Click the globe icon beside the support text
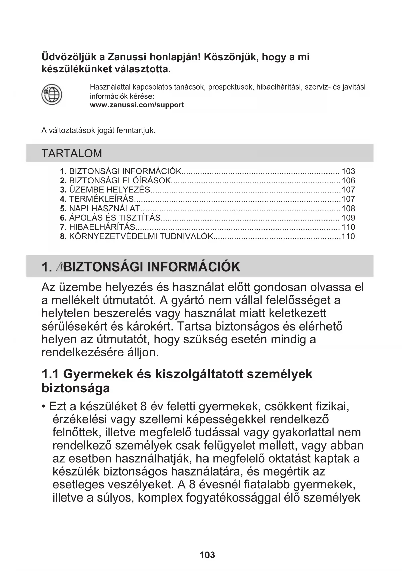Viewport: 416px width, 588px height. pos(52,95)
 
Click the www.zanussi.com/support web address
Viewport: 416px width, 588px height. pos(137,105)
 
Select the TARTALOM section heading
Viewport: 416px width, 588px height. pos(71,153)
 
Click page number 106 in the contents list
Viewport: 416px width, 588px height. pos(348,180)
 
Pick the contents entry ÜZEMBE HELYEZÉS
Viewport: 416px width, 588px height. pos(109,190)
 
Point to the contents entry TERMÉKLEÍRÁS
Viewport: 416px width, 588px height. pos(101,199)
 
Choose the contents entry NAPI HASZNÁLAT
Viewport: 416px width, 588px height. pos(105,209)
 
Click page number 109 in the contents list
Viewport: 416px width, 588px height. pos(348,218)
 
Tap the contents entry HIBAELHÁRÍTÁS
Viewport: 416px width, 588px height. pos(102,227)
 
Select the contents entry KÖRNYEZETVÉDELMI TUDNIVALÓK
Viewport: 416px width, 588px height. pos(141,236)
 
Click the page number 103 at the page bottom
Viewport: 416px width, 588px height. pos(207,555)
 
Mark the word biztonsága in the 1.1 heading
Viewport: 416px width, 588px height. pos(75,388)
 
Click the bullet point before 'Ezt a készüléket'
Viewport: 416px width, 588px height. pos(44,407)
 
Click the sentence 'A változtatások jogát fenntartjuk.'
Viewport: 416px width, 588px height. pos(98,131)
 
